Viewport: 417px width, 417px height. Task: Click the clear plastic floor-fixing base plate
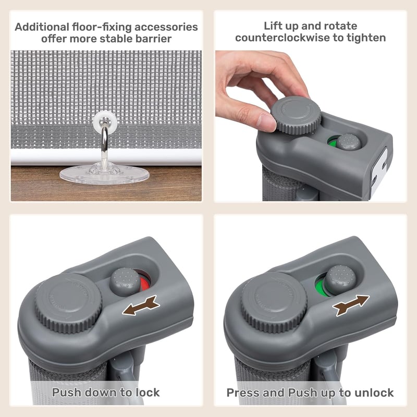[104, 174]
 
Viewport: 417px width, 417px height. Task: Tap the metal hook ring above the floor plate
[105, 144]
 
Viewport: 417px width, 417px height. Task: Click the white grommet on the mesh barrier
[105, 121]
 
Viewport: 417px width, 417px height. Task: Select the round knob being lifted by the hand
[296, 115]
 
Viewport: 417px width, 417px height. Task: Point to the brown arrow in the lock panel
[141, 305]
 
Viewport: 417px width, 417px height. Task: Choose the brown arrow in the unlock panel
[351, 305]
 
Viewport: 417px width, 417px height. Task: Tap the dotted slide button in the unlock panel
[341, 280]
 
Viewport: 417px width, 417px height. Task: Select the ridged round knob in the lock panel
[68, 303]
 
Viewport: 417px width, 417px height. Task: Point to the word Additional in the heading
[42, 27]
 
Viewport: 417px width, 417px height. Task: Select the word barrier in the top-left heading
[153, 39]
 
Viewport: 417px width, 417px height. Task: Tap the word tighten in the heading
[366, 38]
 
